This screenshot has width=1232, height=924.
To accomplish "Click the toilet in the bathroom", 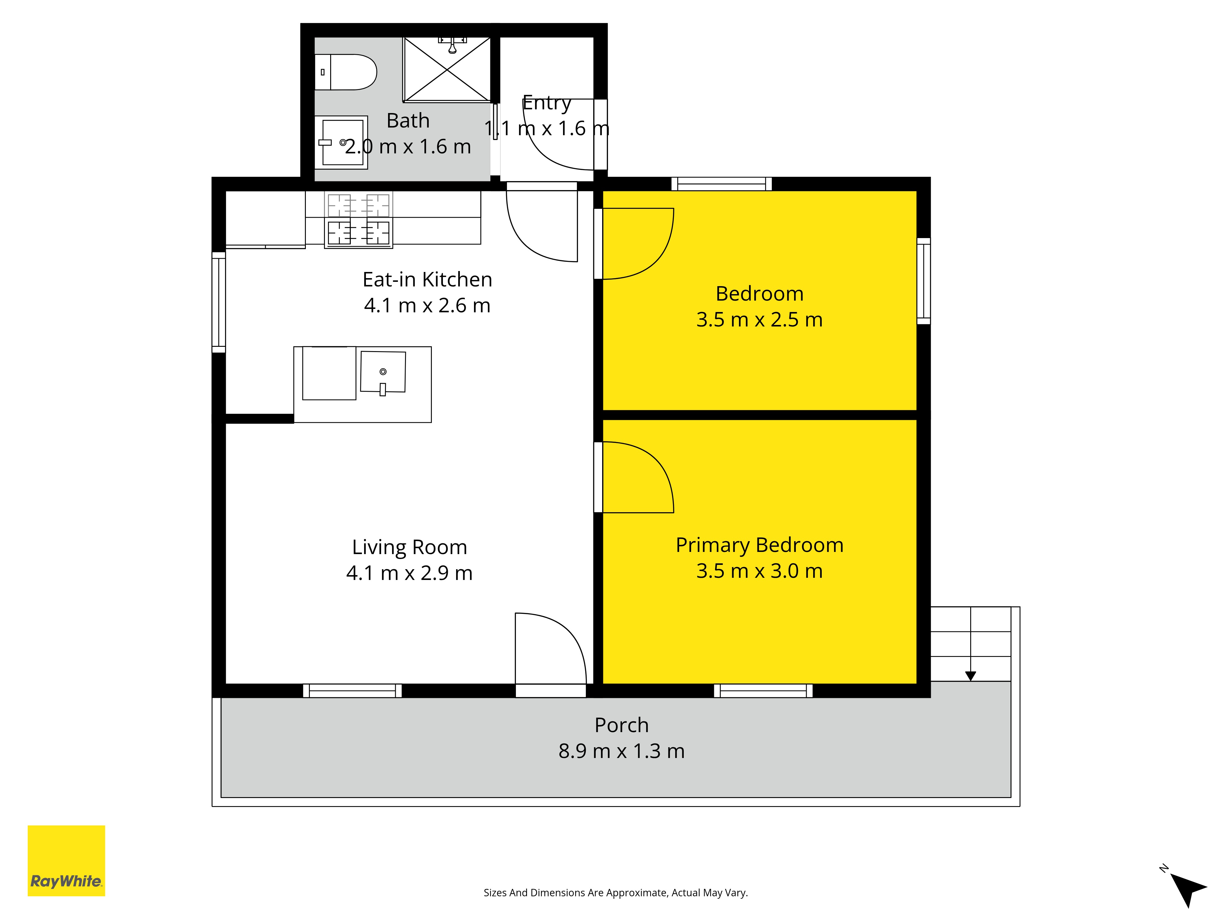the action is tap(345, 72).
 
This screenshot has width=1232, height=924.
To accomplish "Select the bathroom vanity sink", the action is tap(342, 143).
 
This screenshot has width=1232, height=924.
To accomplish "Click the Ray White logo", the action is tap(66, 861).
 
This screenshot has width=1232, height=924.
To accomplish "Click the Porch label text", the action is tap(622, 725).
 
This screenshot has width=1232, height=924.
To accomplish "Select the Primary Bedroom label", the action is tap(760, 545).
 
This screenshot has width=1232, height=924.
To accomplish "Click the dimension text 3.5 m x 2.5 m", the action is tap(759, 320).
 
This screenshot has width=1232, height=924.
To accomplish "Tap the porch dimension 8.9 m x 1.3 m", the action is tap(622, 751).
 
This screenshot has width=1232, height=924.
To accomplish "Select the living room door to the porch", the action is tap(550, 649).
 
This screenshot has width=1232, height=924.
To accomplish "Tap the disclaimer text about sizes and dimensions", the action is tap(615, 892).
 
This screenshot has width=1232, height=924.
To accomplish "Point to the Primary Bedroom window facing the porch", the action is tap(763, 691).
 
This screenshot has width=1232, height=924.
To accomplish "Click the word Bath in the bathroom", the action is tap(408, 120).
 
